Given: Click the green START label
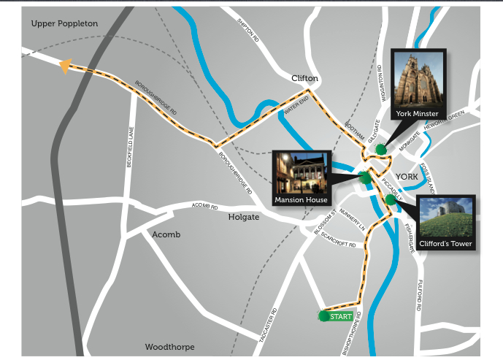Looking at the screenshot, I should pos(341,316).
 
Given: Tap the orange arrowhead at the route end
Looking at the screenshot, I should pos(64,66).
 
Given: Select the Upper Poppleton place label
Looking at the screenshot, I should pos(64,24).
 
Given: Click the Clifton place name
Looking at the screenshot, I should pos(305,78).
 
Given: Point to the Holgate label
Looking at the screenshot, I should pos(244,217).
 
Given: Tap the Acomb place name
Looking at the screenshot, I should pos(166,234).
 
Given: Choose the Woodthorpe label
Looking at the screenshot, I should pos(168,346).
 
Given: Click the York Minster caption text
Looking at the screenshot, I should pos(417,114).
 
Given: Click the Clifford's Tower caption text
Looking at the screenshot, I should pos(446,244).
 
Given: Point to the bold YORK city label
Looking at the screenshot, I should pos(406,177).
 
